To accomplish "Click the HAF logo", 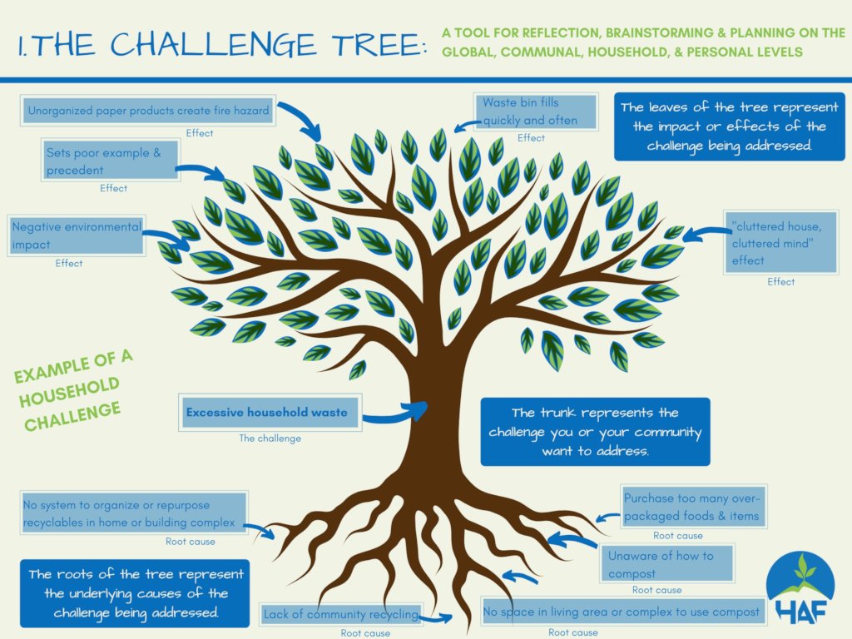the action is tap(800, 589).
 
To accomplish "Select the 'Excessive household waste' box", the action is tap(270, 413).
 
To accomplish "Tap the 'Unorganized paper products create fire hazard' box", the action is tap(148, 111).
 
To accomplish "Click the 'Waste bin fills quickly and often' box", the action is tap(536, 111).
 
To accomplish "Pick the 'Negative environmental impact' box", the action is tap(76, 235).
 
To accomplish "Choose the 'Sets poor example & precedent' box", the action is tap(111, 161).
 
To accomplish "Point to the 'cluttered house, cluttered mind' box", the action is tap(780, 242).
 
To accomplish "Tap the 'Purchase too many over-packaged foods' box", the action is tap(694, 507).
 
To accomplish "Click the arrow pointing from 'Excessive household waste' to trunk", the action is tap(395, 414).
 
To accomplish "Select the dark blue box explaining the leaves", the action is tap(729, 126).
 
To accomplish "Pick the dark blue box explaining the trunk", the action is tap(595, 432).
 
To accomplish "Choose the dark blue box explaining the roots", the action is tap(135, 593).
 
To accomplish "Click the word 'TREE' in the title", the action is tap(379, 45).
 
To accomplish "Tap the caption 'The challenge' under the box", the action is tap(270, 438).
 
